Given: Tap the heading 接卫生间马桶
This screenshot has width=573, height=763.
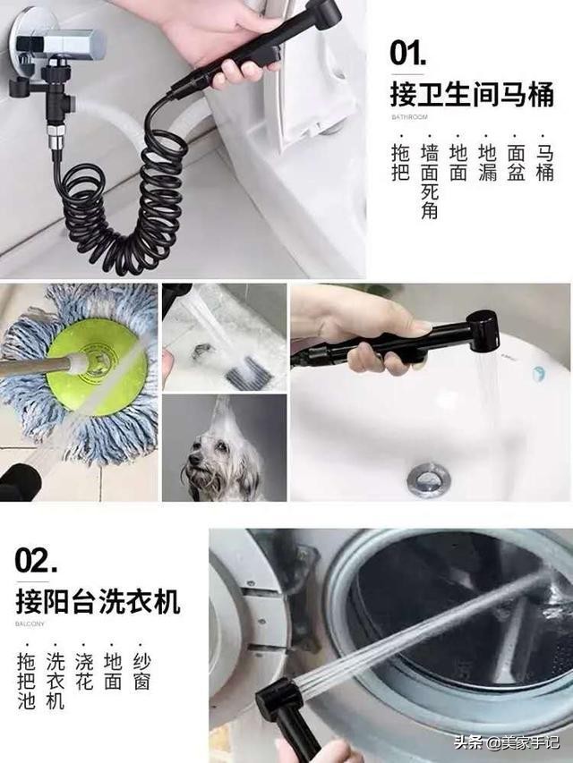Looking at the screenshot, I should [x=471, y=93].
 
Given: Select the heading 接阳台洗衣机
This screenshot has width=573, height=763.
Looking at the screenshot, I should [x=98, y=600].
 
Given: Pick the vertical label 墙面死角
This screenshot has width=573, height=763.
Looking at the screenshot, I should [x=430, y=182].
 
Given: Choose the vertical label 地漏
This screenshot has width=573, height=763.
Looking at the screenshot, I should [x=487, y=162].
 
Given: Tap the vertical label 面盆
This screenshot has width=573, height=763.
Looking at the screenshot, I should [x=516, y=162].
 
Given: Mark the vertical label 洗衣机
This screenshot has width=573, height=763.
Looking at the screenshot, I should [x=55, y=682].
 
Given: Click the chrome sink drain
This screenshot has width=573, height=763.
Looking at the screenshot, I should [x=429, y=478].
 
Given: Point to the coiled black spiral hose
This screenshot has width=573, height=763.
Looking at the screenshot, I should [x=125, y=206].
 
